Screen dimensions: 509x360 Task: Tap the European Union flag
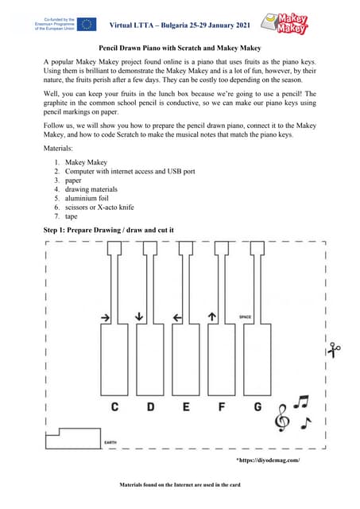click(84, 24)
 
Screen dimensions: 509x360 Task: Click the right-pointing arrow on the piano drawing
click(106, 317)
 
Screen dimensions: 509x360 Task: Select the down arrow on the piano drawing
click(141, 317)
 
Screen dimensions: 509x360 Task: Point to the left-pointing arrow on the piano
click(177, 317)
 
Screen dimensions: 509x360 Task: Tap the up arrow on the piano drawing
click(212, 317)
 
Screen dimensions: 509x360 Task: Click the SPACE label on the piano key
click(246, 317)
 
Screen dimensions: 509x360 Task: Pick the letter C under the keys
click(115, 407)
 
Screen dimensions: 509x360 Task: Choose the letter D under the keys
click(150, 407)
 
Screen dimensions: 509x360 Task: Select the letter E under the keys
click(187, 407)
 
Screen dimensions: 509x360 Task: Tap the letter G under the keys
click(257, 407)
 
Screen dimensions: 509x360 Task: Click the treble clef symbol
click(281, 418)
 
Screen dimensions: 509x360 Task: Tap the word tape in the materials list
click(72, 216)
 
